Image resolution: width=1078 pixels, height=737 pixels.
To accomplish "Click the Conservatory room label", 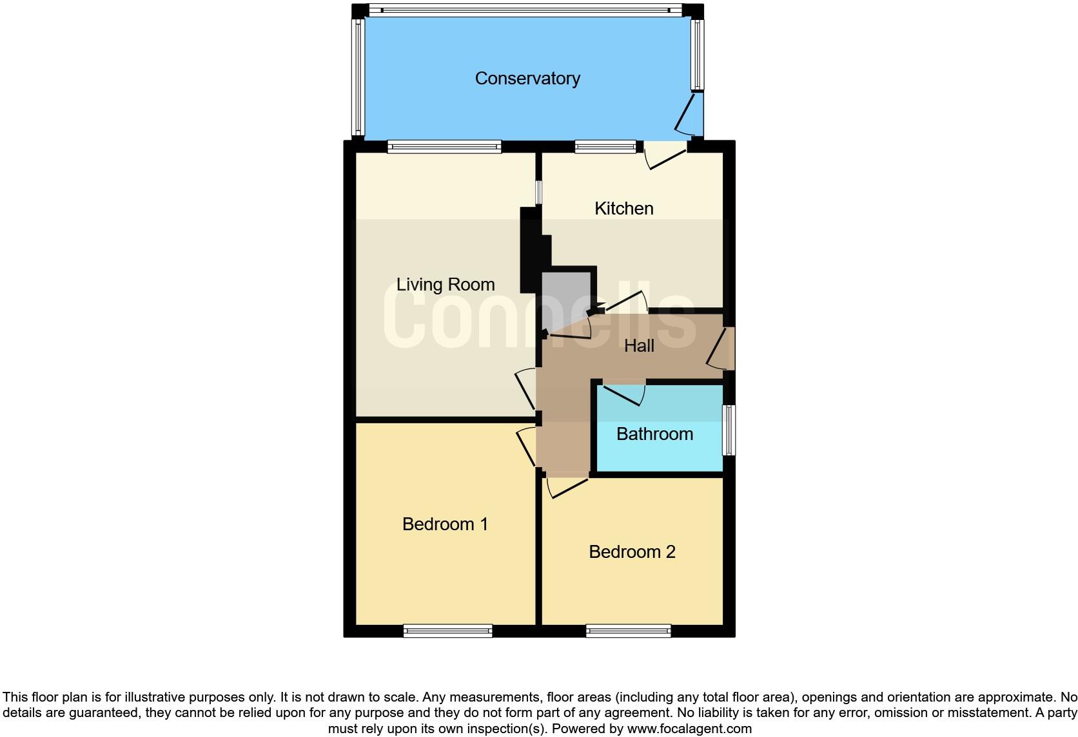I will (527, 78).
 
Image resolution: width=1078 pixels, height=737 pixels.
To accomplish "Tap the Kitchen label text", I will (623, 208).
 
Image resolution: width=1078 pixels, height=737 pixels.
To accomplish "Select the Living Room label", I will (445, 284).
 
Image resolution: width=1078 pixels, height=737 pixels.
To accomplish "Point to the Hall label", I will (639, 346).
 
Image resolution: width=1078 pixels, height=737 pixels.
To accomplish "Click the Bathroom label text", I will (654, 434).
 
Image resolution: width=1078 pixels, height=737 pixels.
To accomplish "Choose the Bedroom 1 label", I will (445, 524).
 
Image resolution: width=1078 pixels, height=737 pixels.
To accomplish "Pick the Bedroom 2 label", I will (632, 551).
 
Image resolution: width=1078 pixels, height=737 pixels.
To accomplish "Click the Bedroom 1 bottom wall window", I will (447, 631).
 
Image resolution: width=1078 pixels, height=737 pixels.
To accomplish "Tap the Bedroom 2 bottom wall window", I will (628, 631).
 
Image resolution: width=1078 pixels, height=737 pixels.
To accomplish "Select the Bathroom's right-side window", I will (729, 430).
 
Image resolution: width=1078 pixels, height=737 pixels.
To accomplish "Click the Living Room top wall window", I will (444, 147).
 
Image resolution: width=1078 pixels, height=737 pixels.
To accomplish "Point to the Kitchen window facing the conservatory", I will (605, 147).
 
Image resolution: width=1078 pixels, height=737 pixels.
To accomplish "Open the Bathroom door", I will (624, 394).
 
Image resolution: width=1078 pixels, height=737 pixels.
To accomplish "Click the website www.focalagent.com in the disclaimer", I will (689, 729).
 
